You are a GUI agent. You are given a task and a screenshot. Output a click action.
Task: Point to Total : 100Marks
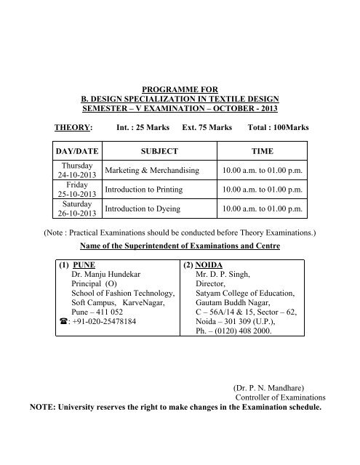(x=278, y=127)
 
